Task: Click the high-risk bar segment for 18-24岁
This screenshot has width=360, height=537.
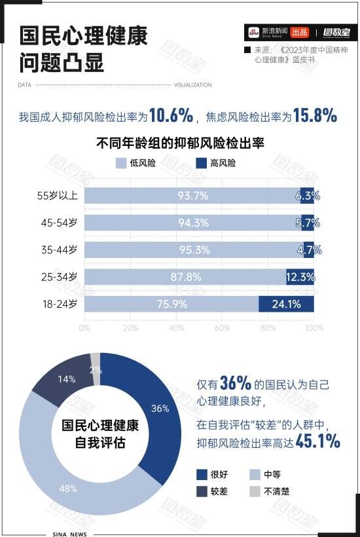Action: tap(286, 304)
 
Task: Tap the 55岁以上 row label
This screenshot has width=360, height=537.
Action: tap(58, 195)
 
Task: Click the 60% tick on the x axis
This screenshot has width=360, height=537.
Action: tap(222, 328)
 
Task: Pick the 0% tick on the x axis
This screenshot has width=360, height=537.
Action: tap(84, 328)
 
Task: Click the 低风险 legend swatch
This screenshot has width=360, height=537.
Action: tap(120, 163)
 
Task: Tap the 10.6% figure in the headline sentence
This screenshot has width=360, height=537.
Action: tap(171, 117)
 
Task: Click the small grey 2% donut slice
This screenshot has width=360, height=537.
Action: tap(96, 360)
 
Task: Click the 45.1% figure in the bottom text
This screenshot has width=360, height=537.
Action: tap(318, 442)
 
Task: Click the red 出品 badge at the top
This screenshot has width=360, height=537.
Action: tap(300, 32)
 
